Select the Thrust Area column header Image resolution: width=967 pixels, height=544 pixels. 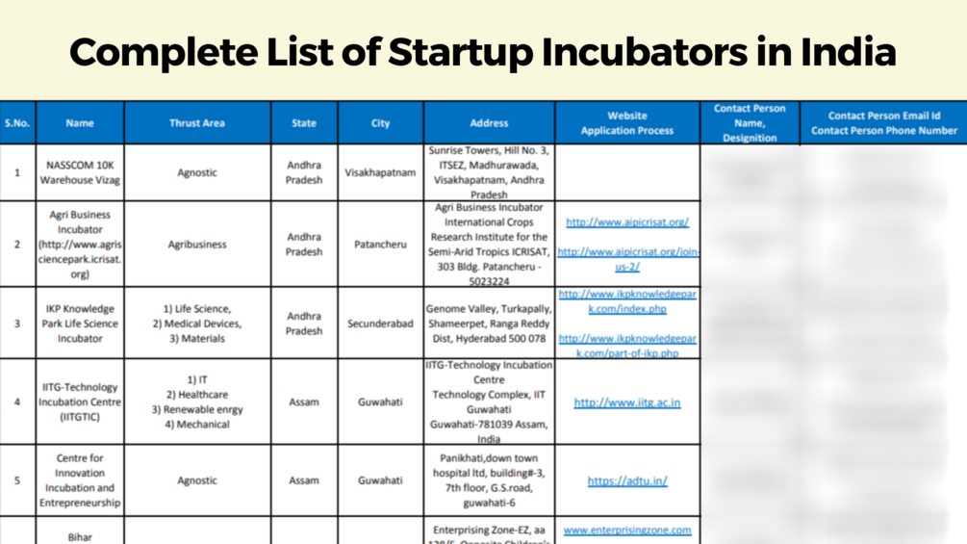(x=197, y=123)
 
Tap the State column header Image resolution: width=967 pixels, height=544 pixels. (x=304, y=123)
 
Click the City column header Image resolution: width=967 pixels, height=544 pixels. (x=380, y=123)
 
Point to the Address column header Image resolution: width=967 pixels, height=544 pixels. (x=489, y=123)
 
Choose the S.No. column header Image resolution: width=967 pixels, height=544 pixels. (x=17, y=123)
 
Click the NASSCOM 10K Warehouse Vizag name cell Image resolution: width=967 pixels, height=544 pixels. (x=80, y=172)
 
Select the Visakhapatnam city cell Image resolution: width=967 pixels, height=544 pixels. (x=380, y=173)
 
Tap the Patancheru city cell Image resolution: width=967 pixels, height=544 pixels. (x=380, y=245)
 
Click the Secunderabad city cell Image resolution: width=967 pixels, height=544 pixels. (x=380, y=324)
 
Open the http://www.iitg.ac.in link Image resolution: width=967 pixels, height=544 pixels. (x=627, y=402)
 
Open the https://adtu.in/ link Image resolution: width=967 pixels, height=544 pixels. (x=627, y=480)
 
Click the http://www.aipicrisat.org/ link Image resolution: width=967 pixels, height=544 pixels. (x=627, y=222)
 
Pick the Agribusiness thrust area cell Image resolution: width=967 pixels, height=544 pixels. (x=197, y=245)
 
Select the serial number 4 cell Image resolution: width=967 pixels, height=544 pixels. (x=17, y=402)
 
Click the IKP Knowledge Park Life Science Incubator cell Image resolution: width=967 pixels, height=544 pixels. (x=80, y=324)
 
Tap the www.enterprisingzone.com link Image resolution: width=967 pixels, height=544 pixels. (x=627, y=530)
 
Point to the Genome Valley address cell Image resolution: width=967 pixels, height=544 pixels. (x=489, y=324)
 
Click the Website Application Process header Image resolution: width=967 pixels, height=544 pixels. (x=627, y=123)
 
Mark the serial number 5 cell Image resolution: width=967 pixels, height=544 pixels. (x=17, y=480)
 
